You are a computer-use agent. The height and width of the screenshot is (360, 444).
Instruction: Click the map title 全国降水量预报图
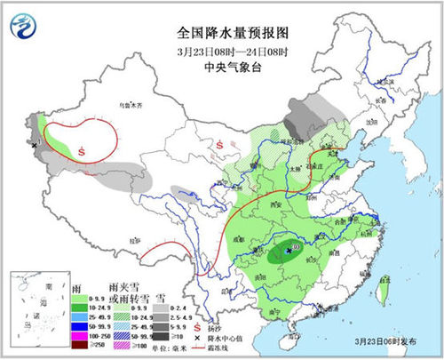[221, 31]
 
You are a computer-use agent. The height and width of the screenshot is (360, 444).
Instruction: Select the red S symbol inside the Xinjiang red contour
[82, 150]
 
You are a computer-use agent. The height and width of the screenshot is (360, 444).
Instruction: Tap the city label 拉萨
[133, 241]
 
